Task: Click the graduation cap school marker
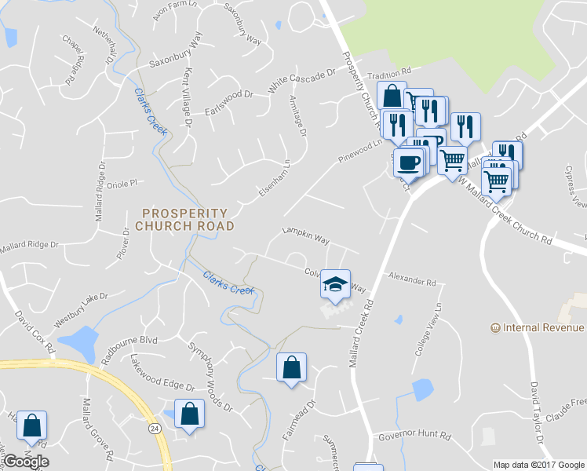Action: (335, 285)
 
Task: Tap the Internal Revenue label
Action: (538, 327)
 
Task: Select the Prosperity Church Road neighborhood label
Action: (184, 219)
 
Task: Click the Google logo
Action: (26, 462)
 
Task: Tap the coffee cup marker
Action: (408, 162)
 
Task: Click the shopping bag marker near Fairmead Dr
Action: (291, 367)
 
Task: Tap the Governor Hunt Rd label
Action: (414, 435)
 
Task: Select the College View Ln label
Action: (428, 339)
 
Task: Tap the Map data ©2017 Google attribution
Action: (538, 464)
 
